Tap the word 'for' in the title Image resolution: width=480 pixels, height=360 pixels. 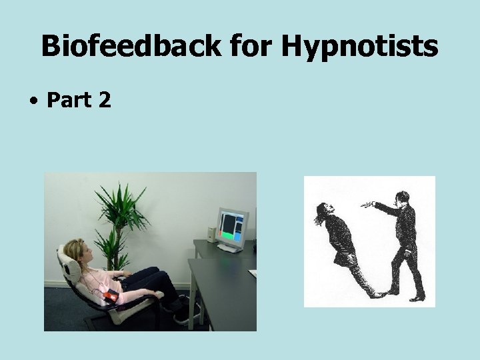click(x=251, y=47)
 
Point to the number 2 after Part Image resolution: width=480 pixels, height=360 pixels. click(x=104, y=101)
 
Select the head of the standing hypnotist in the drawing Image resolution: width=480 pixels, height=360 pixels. click(x=401, y=198)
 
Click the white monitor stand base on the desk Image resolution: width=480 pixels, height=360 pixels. click(x=231, y=248)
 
